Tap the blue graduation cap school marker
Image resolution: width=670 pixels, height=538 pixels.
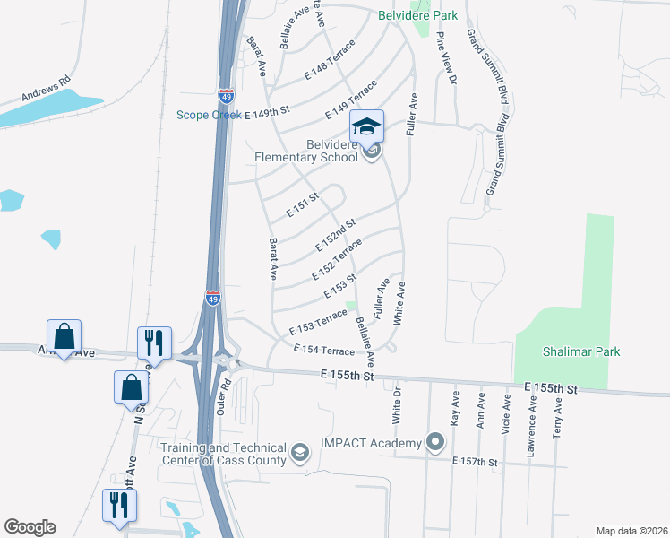point(366,126)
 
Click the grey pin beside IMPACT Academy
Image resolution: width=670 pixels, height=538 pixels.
point(435,441)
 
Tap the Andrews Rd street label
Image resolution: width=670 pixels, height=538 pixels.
point(47,90)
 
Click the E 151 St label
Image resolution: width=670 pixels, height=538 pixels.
point(303,206)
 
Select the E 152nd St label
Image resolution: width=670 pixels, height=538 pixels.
point(337,235)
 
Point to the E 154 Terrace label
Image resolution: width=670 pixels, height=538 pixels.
point(324,350)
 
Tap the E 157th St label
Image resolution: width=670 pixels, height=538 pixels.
point(474,461)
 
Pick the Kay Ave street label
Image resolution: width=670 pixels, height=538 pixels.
point(455,408)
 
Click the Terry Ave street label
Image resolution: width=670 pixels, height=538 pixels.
point(559,418)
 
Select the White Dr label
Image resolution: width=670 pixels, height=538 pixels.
point(396,408)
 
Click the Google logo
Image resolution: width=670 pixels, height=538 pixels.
point(30,527)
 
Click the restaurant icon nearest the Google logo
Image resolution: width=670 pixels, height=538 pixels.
point(117,505)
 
